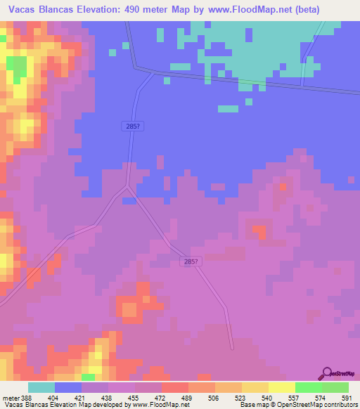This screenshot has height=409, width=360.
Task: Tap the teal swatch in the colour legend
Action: point(41,387)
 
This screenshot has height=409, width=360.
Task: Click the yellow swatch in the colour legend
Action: point(282,387)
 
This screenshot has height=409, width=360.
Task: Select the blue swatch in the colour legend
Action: point(68,387)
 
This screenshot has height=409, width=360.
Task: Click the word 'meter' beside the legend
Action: point(10,397)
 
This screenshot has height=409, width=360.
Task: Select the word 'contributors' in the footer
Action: point(337,405)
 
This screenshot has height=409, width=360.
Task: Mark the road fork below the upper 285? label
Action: point(127,186)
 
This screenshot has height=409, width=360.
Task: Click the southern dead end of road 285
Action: point(232,346)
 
